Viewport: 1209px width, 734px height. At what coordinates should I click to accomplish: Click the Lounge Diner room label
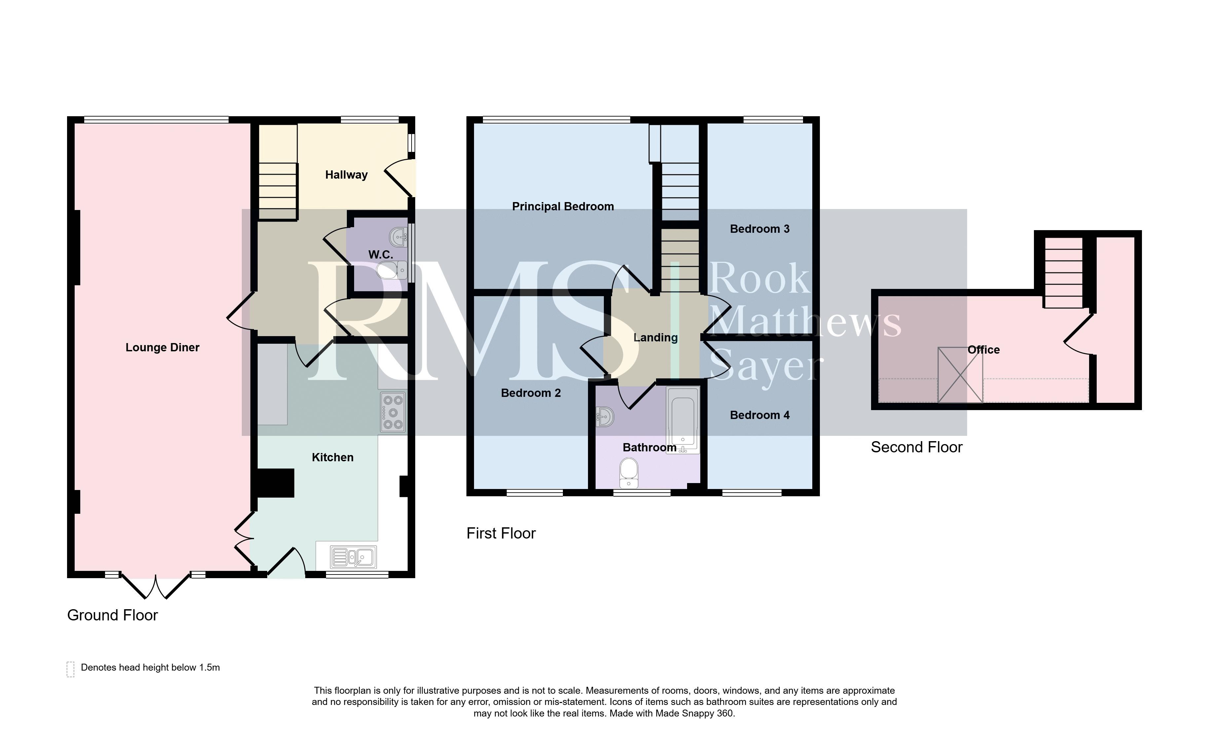pos(163,348)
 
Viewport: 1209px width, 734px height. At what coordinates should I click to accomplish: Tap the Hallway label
pos(347,175)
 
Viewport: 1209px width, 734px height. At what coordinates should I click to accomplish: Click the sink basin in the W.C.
pos(398,237)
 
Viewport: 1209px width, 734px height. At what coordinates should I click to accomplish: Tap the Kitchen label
pos(333,457)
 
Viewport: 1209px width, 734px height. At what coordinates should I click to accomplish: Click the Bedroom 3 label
pos(759,229)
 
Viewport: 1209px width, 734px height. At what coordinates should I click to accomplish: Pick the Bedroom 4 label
pos(759,415)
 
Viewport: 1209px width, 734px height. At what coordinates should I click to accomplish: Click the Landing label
pos(655,338)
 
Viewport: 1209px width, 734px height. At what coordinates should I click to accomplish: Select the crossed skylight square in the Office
pos(960,375)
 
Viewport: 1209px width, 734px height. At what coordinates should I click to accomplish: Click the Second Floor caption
pos(917,447)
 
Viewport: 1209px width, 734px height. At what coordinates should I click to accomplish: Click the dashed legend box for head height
pos(71,669)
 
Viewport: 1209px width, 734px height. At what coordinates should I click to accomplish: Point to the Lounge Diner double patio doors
pos(156,586)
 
